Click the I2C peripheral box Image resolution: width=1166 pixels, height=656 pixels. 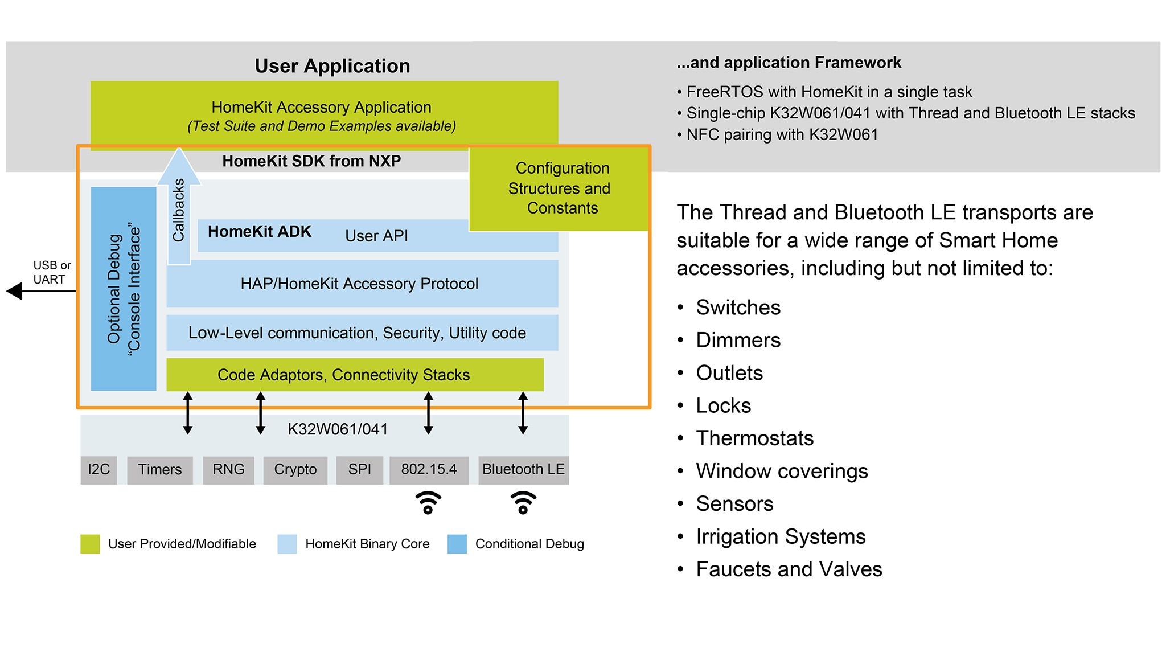click(x=98, y=470)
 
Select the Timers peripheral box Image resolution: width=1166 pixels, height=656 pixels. click(x=159, y=470)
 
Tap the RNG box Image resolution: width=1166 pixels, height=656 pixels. click(x=228, y=470)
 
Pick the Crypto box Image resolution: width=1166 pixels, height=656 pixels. click(x=295, y=470)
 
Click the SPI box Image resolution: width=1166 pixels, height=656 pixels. click(x=359, y=470)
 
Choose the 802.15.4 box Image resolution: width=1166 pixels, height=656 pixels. click(x=429, y=470)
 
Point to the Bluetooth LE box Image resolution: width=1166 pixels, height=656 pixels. click(x=523, y=470)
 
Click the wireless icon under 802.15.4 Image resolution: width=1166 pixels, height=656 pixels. click(x=428, y=503)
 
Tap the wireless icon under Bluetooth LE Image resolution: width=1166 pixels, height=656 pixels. click(x=523, y=503)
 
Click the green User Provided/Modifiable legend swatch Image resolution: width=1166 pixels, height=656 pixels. click(x=90, y=544)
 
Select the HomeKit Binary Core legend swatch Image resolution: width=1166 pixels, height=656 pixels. click(x=287, y=544)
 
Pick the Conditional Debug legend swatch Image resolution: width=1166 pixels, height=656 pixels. click(x=457, y=544)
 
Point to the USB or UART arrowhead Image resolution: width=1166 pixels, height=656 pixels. click(x=15, y=292)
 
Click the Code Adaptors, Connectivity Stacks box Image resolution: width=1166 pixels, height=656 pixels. click(x=355, y=375)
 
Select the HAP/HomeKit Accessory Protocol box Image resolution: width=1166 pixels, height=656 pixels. click(x=362, y=284)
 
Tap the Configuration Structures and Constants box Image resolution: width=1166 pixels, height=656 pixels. click(x=559, y=188)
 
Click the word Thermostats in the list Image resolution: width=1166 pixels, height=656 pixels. click(x=754, y=438)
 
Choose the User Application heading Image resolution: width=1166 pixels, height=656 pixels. click(x=332, y=66)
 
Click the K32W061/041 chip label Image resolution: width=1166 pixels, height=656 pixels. click(x=338, y=429)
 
